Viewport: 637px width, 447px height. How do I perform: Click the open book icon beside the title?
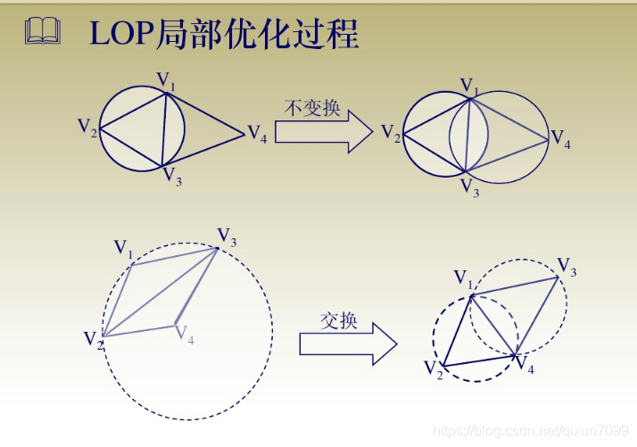click(43, 33)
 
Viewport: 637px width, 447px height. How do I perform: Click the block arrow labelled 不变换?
click(323, 132)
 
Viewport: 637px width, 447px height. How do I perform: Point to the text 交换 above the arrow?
click(338, 320)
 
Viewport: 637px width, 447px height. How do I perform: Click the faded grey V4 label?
click(185, 335)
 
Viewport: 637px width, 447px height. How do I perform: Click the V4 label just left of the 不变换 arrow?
click(256, 135)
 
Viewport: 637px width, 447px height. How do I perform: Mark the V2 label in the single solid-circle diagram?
click(87, 128)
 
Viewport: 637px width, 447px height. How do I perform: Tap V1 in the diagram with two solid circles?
click(469, 86)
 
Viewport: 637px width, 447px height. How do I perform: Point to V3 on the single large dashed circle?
click(227, 236)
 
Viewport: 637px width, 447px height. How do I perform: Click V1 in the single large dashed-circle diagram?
click(123, 248)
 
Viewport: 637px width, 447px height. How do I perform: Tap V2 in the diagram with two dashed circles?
click(434, 368)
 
